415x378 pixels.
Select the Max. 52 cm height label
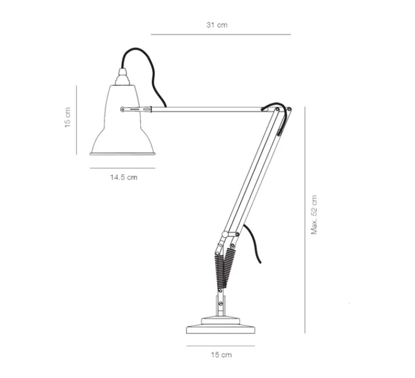(x=315, y=214)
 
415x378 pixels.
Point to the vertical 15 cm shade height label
(x=68, y=117)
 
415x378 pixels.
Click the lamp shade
(x=122, y=129)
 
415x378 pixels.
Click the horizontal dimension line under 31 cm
(x=220, y=35)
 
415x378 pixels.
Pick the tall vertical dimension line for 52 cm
(x=305, y=220)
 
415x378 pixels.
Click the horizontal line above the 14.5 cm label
(x=122, y=168)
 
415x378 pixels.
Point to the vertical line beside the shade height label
(x=77, y=120)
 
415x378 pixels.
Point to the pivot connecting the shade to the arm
(x=124, y=109)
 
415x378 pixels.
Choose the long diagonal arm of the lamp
(x=252, y=172)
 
